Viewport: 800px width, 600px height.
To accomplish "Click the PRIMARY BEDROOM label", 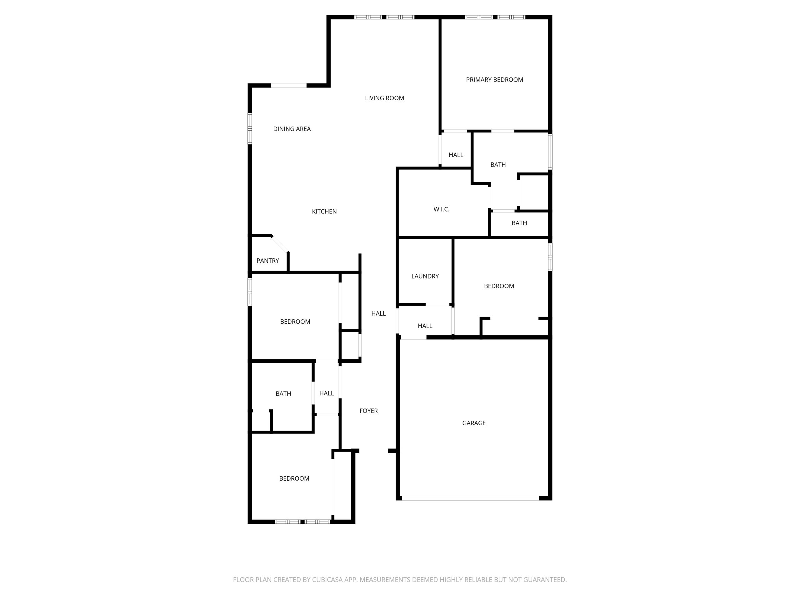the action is coord(494,80).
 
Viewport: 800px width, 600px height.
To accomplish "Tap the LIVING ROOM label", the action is coord(384,98).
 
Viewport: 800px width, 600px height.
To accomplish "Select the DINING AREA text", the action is coord(292,129).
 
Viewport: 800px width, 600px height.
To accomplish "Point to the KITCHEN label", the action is coord(324,212).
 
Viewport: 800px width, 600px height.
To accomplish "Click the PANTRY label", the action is coord(267,261).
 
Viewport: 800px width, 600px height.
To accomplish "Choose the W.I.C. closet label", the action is coord(442,209).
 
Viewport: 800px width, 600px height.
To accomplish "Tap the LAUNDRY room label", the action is coord(425,276).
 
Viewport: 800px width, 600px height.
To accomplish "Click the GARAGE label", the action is coord(474,423).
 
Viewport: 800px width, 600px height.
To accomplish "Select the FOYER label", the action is coord(368,411).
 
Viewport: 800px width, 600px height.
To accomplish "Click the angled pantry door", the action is coord(280,244).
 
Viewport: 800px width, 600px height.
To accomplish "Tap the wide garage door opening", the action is coord(471,498).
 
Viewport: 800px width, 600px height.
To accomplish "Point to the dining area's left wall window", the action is coord(250,129).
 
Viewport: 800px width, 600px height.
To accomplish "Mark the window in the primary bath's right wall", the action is coord(550,152).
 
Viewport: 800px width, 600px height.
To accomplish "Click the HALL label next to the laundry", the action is coord(425,326).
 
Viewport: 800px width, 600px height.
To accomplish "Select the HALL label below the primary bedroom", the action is coord(456,155).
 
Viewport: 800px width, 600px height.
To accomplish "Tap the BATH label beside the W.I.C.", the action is coord(498,165).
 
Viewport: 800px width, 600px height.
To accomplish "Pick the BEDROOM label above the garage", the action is coord(499,286).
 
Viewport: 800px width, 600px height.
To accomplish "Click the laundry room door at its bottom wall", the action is coord(437,304).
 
